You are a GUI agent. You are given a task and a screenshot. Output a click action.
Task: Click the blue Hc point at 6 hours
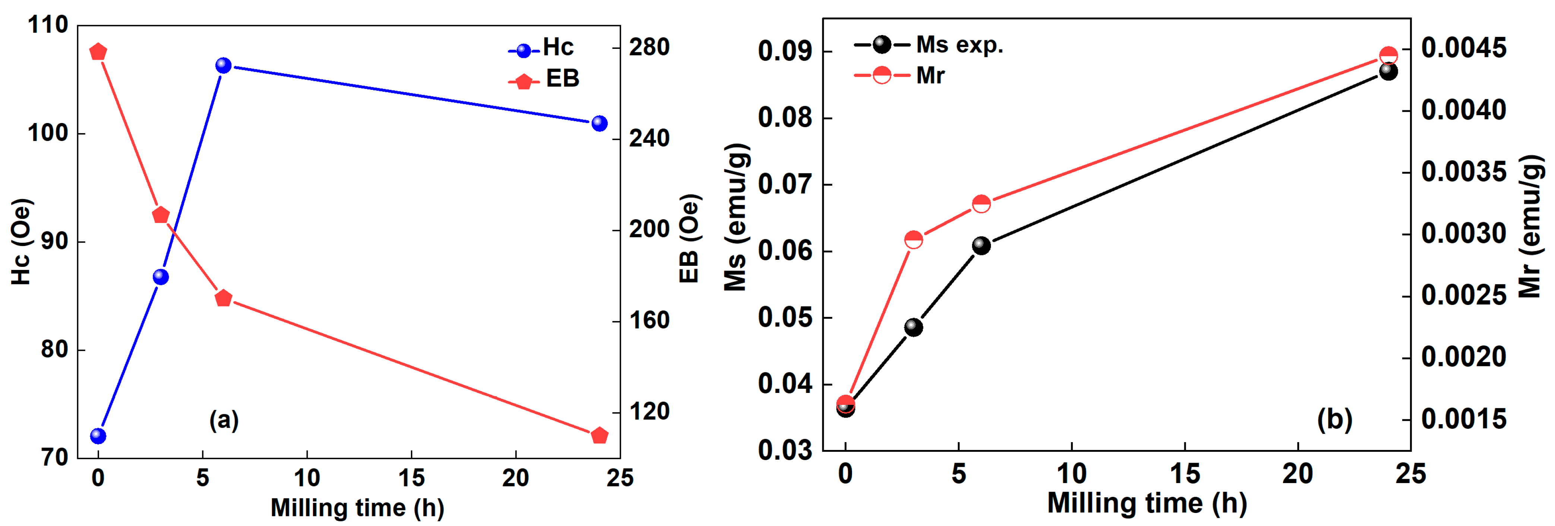pyautogui.click(x=224, y=65)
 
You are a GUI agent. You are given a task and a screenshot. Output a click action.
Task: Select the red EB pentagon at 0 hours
pyautogui.click(x=98, y=52)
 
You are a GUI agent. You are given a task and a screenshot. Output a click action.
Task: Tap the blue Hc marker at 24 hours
pyautogui.click(x=599, y=123)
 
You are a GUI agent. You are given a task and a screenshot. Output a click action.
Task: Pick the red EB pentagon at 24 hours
pyautogui.click(x=599, y=435)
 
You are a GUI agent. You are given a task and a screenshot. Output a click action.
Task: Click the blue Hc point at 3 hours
pyautogui.click(x=161, y=277)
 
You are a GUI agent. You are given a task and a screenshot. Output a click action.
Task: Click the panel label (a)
pyautogui.click(x=224, y=420)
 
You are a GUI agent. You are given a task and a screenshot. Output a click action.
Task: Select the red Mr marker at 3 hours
pyautogui.click(x=913, y=240)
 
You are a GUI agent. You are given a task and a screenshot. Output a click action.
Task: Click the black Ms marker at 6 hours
pyautogui.click(x=981, y=246)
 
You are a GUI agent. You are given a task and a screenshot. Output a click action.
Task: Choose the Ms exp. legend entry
pyautogui.click(x=928, y=45)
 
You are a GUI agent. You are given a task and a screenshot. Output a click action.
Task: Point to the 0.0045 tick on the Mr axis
pyautogui.click(x=1463, y=49)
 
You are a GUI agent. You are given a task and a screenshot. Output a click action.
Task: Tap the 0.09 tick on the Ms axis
pyautogui.click(x=785, y=52)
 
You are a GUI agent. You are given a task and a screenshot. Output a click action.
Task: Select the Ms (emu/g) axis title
pyautogui.click(x=736, y=217)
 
